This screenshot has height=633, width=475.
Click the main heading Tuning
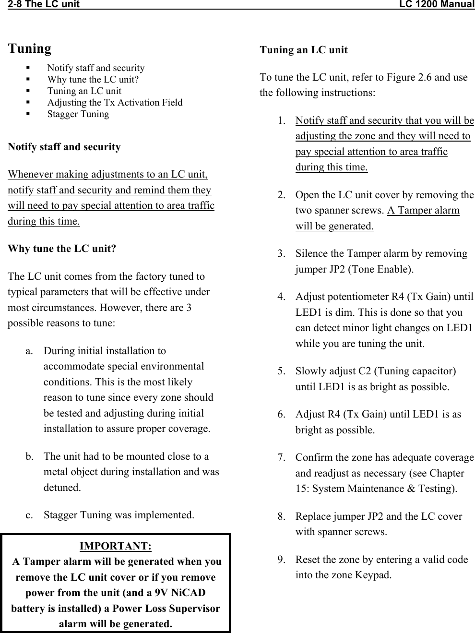click(x=30, y=48)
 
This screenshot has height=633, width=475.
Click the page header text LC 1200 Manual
click(x=437, y=5)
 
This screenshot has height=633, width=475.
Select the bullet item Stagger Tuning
click(x=78, y=114)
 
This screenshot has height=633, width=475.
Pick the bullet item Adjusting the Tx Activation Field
click(x=115, y=103)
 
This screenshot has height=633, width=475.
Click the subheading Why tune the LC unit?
click(x=62, y=249)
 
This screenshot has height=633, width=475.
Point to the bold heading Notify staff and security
click(x=64, y=147)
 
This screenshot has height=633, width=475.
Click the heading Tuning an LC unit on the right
click(x=303, y=50)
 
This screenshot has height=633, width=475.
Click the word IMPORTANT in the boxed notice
click(x=115, y=546)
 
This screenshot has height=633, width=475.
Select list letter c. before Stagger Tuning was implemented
click(x=30, y=515)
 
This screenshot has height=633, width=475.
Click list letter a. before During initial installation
click(x=30, y=351)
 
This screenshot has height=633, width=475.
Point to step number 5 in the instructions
click(x=281, y=371)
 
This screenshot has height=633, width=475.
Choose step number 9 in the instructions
click(x=281, y=560)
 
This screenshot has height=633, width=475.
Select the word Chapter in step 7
click(x=447, y=473)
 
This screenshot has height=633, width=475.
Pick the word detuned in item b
click(x=61, y=488)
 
